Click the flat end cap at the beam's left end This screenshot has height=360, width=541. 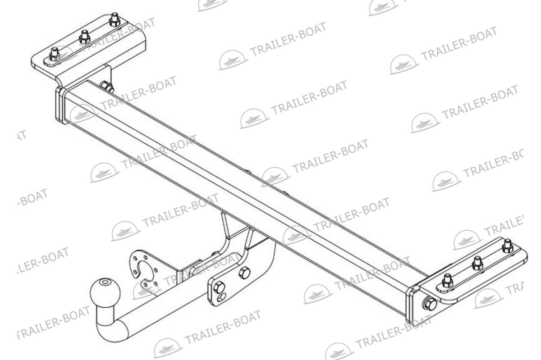60,105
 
